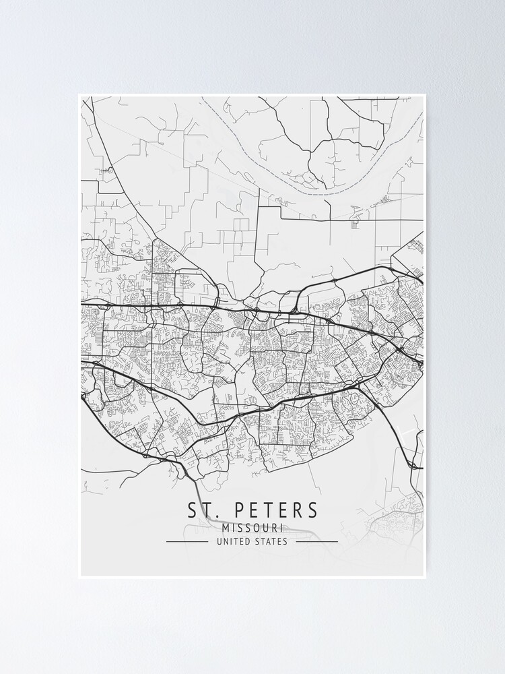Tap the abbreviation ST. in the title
coord(201,510)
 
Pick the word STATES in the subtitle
coord(271,541)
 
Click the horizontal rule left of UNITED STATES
coord(187,541)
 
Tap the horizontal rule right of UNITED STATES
coord(316,541)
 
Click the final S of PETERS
coord(312,510)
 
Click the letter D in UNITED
coord(246,541)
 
